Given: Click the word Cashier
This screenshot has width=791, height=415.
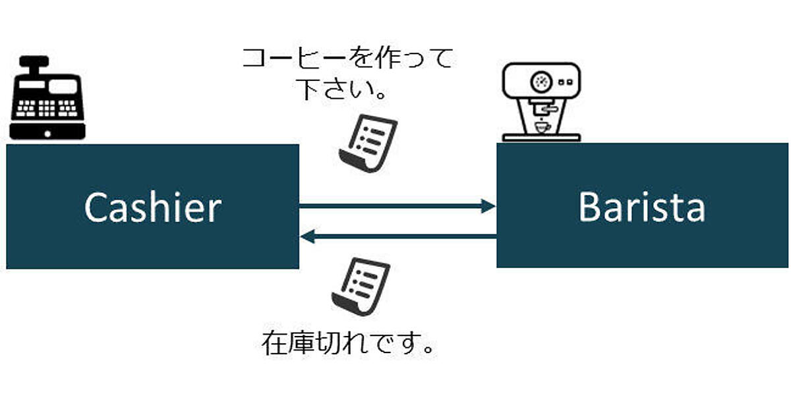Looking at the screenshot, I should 152,207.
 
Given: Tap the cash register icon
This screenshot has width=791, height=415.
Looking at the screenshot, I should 47,99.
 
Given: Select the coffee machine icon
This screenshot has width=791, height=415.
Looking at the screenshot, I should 541,102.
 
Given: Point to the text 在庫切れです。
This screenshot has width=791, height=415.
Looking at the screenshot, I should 349,343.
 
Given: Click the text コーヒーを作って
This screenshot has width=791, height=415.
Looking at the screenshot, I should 348,59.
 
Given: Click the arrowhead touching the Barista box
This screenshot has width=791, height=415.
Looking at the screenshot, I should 488,207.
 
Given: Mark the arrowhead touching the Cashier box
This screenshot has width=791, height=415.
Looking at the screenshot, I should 307,236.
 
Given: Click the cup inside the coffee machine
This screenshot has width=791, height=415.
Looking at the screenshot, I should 542,126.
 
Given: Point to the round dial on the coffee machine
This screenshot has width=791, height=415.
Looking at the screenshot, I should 541,82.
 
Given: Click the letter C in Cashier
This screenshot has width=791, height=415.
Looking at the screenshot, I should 96,208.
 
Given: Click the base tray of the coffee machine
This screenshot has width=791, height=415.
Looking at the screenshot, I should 541,138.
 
